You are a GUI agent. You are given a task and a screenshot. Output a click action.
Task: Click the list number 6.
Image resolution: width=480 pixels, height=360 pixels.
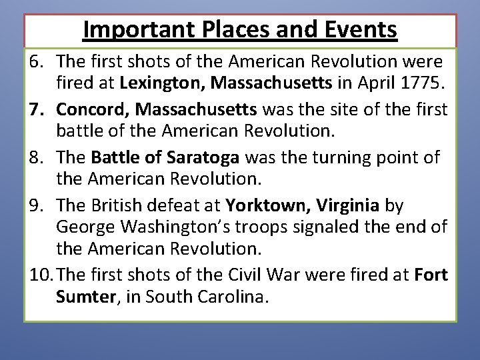pos(37,62)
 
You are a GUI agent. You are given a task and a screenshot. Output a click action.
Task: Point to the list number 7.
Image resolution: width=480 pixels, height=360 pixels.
pos(37,108)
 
